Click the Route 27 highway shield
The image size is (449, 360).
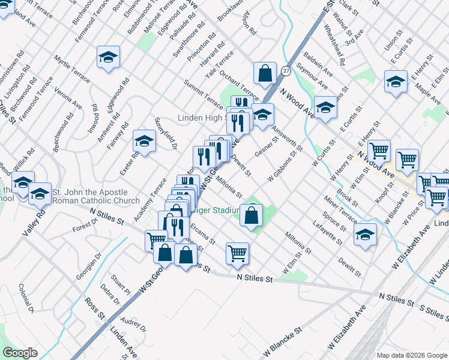pyautogui.click(x=286, y=71)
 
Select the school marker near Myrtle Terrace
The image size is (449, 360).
pyautogui.click(x=108, y=57)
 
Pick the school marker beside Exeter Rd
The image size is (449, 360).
pyautogui.click(x=144, y=141)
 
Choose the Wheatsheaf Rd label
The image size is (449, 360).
pyautogui.click(x=334, y=45)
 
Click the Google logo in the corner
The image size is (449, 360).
pyautogui.click(x=20, y=353)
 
